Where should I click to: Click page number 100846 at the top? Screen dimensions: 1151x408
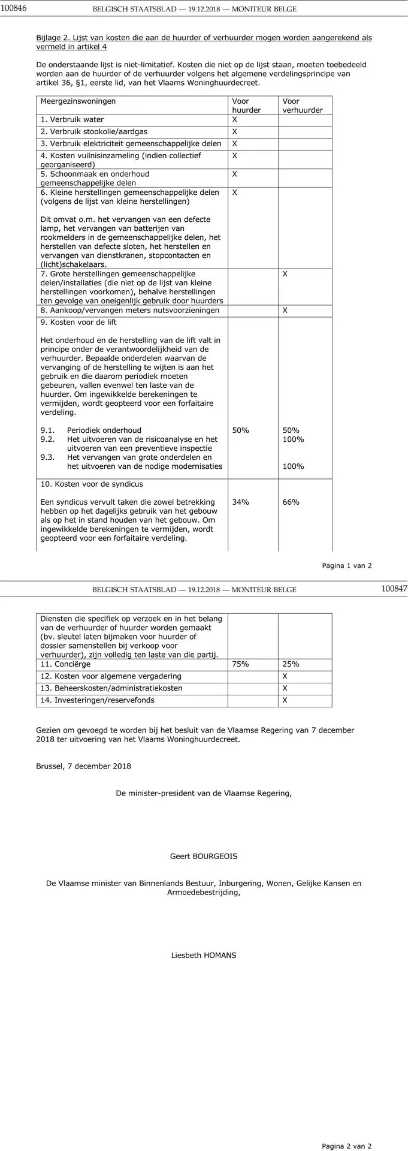(14, 9)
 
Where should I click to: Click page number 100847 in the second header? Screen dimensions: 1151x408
(394, 589)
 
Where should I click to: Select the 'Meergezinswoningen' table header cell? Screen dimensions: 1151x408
(78, 101)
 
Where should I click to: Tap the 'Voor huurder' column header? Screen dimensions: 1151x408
(246, 106)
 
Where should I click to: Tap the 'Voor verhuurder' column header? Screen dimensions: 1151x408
(303, 106)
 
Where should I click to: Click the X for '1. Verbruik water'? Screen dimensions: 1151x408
(235, 119)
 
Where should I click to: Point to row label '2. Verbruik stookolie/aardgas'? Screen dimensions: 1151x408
(94, 131)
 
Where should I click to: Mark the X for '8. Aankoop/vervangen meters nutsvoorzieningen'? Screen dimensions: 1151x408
(285, 311)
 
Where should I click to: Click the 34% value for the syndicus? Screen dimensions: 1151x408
(241, 502)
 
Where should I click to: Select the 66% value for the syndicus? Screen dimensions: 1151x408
(291, 502)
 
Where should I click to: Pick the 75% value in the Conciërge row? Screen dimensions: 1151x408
(241, 664)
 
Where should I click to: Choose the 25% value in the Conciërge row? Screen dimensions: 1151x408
(291, 664)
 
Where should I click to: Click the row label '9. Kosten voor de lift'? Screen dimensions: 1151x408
(78, 323)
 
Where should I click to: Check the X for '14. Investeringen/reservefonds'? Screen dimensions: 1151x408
(285, 700)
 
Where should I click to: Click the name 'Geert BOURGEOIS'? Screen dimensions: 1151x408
(204, 856)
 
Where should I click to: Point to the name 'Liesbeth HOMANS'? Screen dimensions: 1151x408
(204, 955)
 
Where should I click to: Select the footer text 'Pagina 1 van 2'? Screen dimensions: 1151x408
(347, 565)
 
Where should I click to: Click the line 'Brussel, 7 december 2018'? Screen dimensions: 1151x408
(83, 766)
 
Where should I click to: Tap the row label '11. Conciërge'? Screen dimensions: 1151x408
(65, 664)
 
